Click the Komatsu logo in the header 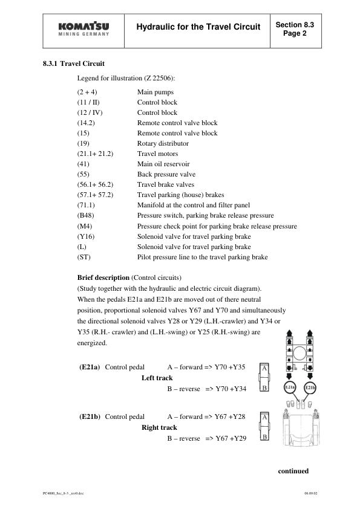click(x=85, y=30)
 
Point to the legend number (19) click(x=83, y=143)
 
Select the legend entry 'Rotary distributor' click(x=163, y=143)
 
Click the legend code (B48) click(x=85, y=215)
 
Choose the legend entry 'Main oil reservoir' click(x=165, y=164)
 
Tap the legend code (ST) click(x=83, y=256)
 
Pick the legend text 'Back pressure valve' click(x=166, y=174)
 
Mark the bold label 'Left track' click(x=157, y=378)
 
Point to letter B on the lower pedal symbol click(x=265, y=435)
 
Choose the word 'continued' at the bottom click(x=293, y=471)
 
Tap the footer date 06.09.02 click(x=311, y=493)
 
